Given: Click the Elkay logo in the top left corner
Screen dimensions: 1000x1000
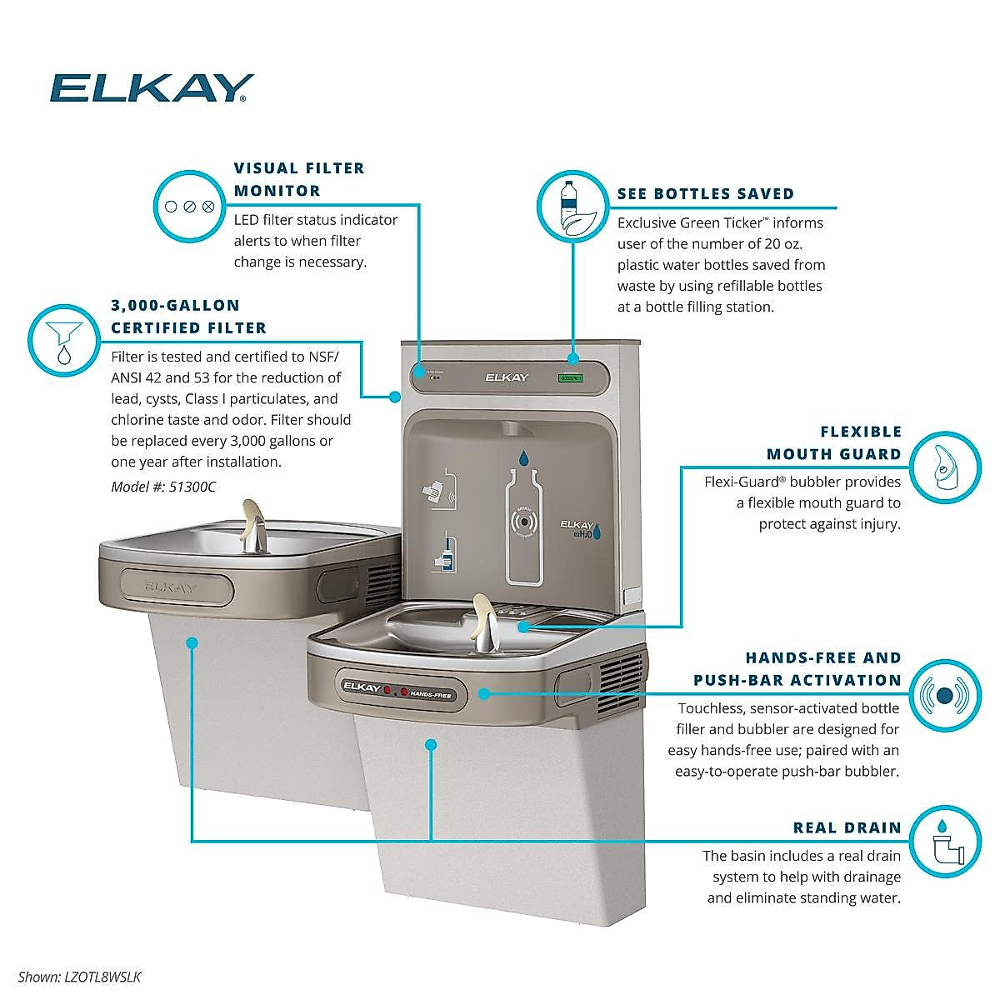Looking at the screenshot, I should coord(151,87).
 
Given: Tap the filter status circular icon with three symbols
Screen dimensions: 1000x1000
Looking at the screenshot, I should coord(189,206).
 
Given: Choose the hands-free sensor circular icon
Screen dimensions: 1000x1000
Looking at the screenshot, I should coord(944,695).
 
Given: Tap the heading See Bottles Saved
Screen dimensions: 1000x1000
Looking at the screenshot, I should coord(705,193).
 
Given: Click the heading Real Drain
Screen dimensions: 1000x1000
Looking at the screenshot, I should coord(847,827).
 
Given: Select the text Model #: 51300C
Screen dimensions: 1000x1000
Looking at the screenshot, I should coord(163,487).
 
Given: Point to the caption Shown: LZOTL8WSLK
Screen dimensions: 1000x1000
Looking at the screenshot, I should coord(73,976).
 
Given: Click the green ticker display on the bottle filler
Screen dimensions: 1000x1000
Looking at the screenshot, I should coord(571,378).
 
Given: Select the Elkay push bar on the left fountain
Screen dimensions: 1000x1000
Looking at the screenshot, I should coord(171,586).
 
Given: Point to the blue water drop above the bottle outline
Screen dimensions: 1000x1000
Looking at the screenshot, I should coord(524,457).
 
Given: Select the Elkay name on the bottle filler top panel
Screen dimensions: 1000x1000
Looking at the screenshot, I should coord(507,377).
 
